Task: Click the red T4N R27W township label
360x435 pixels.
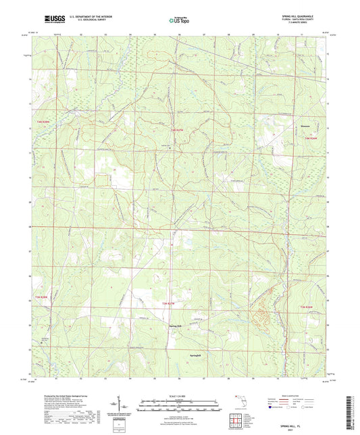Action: click(x=177, y=128)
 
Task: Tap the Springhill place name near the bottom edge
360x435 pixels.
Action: click(x=194, y=353)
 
